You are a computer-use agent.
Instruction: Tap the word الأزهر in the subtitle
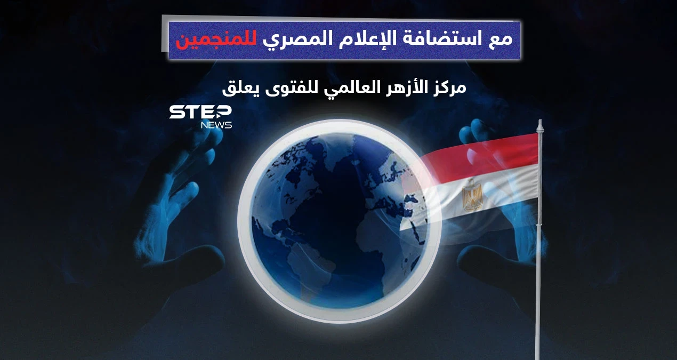coord(400,87)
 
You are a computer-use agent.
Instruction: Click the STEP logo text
coord(200,113)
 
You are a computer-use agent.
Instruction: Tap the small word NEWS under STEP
coord(216,125)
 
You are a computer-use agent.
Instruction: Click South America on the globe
coord(315,267)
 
